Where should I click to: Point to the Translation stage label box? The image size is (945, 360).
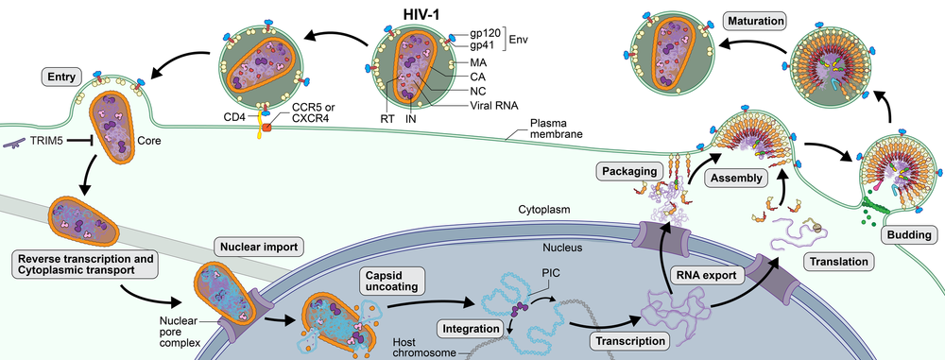coord(833,260)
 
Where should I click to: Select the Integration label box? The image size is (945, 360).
coord(470,329)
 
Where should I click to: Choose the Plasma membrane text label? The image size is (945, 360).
coord(556,129)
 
